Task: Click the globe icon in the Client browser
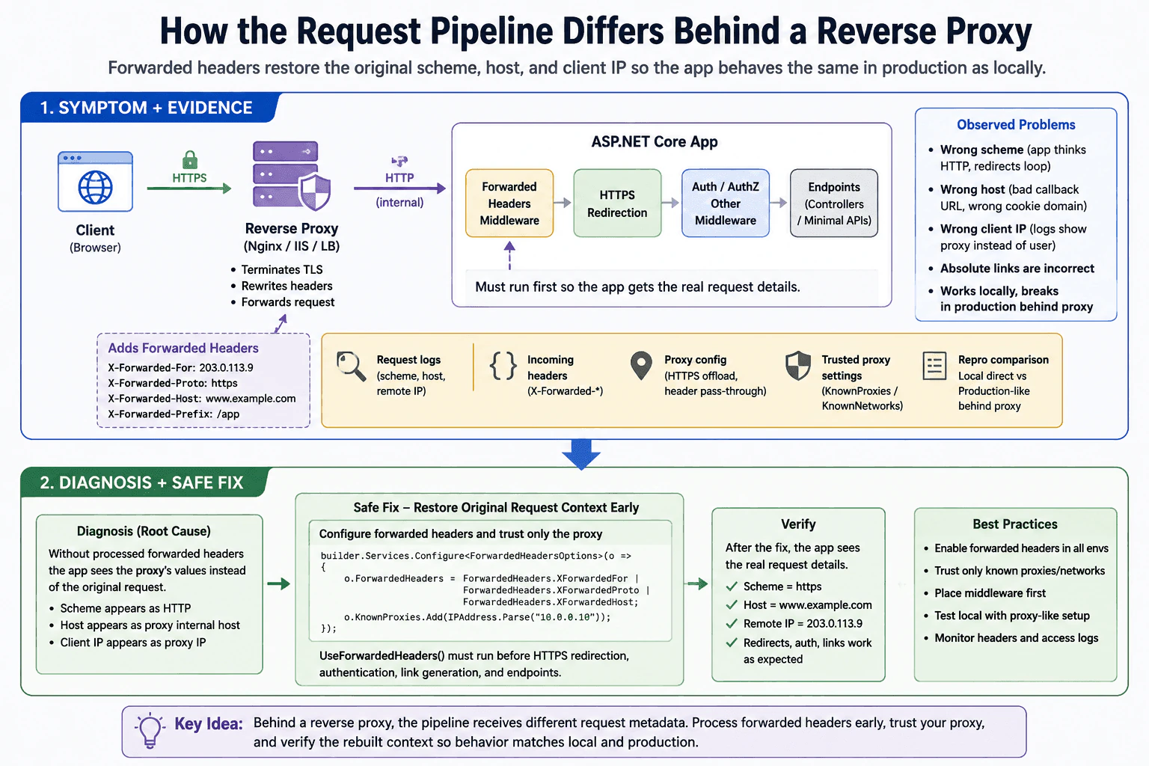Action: pyautogui.click(x=96, y=187)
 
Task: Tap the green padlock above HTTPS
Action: pyautogui.click(x=190, y=159)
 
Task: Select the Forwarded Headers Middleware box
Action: pyautogui.click(x=509, y=203)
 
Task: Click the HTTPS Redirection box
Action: pyautogui.click(x=617, y=203)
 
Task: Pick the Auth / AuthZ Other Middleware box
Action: pyautogui.click(x=726, y=203)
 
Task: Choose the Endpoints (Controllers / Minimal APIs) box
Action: pyautogui.click(x=834, y=203)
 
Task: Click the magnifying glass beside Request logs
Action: pyautogui.click(x=351, y=367)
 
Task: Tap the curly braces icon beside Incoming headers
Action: pyautogui.click(x=503, y=366)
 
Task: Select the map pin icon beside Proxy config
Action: pyautogui.click(x=641, y=366)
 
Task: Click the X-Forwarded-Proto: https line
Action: pyautogui.click(x=173, y=383)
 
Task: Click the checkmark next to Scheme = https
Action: pyautogui.click(x=732, y=586)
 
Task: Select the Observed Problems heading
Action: pyautogui.click(x=1016, y=125)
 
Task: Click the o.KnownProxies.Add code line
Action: pyautogui.click(x=477, y=617)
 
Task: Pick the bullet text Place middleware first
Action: pyautogui.click(x=990, y=593)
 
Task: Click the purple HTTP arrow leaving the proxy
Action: pyautogui.click(x=399, y=189)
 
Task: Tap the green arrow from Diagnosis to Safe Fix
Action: pyautogui.click(x=278, y=584)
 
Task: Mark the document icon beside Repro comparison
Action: pyautogui.click(x=934, y=366)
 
